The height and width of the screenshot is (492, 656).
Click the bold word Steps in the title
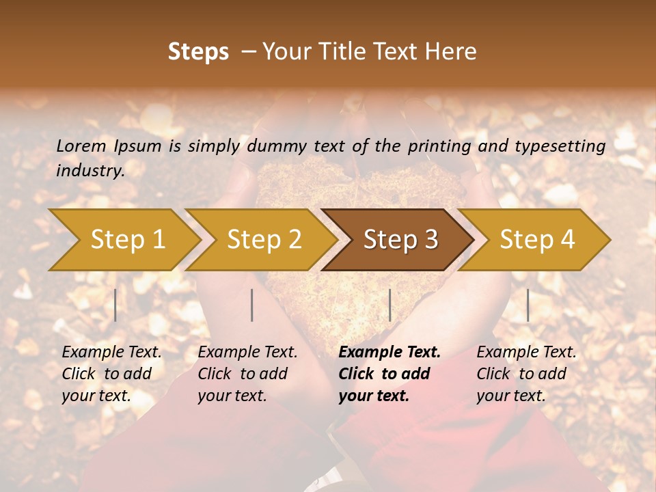[x=198, y=52]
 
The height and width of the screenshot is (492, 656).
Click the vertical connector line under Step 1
[x=115, y=305]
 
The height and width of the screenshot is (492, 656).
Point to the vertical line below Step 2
[x=252, y=305]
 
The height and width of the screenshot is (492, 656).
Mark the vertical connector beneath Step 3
[x=389, y=305]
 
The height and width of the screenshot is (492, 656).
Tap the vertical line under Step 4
[x=528, y=305]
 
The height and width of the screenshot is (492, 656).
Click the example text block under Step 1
[x=111, y=374]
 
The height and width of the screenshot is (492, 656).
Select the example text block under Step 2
[x=247, y=374]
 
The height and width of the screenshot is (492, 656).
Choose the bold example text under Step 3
[x=389, y=374]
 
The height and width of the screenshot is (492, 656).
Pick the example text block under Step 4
[x=526, y=374]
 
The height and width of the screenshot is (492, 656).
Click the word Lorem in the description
[x=81, y=146]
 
